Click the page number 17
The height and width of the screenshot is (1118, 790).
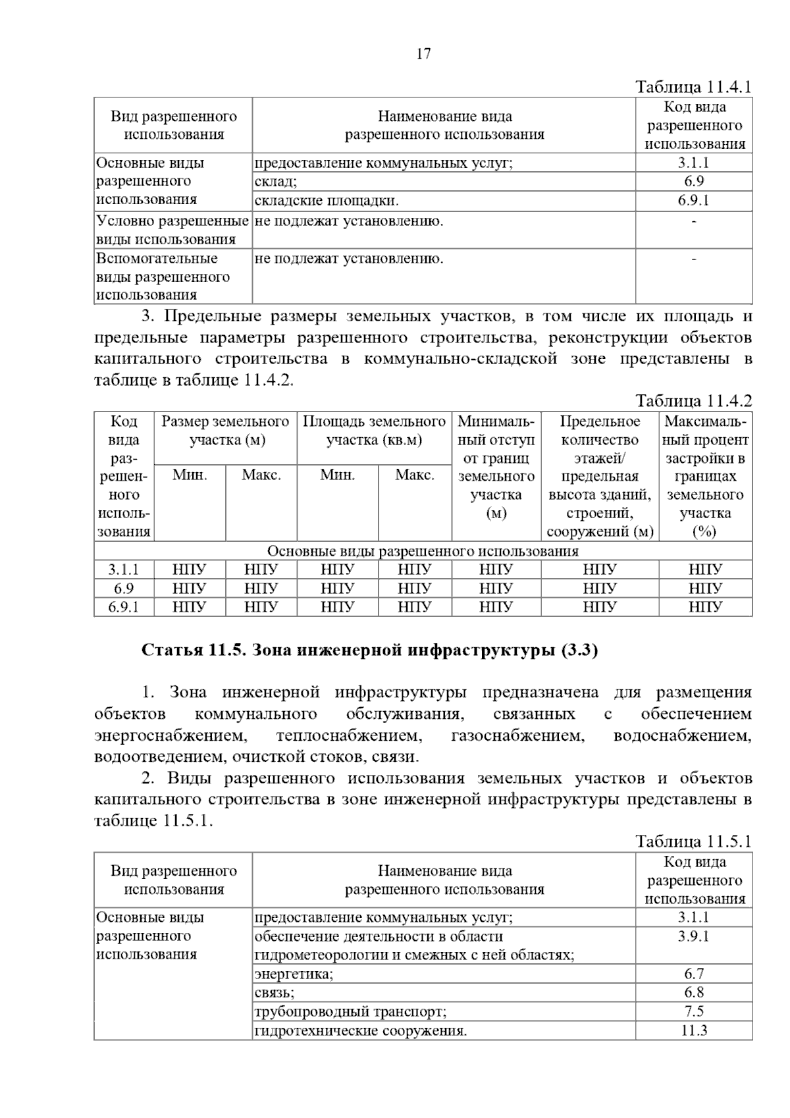tap(423, 54)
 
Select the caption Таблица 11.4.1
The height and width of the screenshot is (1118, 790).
tap(693, 87)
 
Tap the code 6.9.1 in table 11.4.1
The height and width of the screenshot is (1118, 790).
tap(693, 201)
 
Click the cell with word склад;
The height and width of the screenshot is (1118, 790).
tap(276, 182)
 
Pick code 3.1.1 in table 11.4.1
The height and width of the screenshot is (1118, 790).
tap(693, 163)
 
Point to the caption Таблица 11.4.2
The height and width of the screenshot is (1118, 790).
tap(693, 401)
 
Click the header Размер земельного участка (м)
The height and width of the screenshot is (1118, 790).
tap(226, 431)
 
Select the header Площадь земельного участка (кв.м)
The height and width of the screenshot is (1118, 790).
tap(374, 431)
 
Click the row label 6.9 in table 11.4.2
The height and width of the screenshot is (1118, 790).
tap(124, 588)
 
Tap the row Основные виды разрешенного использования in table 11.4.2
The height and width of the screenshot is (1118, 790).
tap(423, 551)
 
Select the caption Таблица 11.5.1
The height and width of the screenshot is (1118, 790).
tap(693, 841)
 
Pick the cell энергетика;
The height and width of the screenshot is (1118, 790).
tap(294, 974)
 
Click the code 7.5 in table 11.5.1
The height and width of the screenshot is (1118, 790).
tap(694, 1011)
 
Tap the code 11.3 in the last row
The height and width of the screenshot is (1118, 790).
tap(694, 1030)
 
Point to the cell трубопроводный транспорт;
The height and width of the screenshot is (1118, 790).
tap(350, 1011)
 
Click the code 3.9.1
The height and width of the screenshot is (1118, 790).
tap(694, 936)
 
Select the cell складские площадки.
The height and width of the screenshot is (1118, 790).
tap(327, 201)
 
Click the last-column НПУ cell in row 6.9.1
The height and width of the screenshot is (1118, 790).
tap(705, 606)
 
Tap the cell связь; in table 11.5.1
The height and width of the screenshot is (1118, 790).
tap(275, 992)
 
